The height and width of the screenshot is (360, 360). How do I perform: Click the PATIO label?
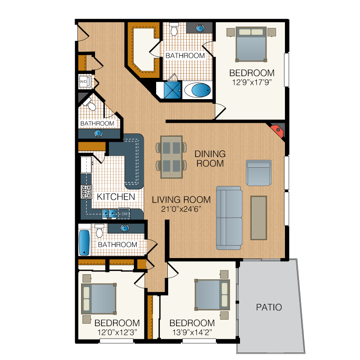pyautogui.click(x=269, y=307)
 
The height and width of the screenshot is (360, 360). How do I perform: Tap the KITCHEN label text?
pyautogui.click(x=116, y=197)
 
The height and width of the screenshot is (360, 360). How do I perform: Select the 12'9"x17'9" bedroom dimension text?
pyautogui.click(x=252, y=82)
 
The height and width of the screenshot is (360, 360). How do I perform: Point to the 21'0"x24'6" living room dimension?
pyautogui.click(x=181, y=209)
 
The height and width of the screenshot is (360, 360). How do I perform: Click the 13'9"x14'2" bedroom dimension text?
pyautogui.click(x=192, y=332)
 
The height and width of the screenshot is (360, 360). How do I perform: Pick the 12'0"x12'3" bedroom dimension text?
pyautogui.click(x=117, y=332)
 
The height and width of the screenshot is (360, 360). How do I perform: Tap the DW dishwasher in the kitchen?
pyautogui.click(x=124, y=214)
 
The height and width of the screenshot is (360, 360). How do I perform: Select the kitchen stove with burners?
pyautogui.click(x=86, y=192)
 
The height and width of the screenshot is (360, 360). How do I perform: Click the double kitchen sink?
pyautogui.click(x=109, y=214)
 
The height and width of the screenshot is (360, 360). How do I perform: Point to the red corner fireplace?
pyautogui.click(x=278, y=130)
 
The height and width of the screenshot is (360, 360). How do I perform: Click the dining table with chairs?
pyautogui.click(x=171, y=157)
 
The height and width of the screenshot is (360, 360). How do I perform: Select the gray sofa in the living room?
pyautogui.click(x=229, y=218)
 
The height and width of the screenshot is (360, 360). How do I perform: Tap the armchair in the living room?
pyautogui.click(x=259, y=173)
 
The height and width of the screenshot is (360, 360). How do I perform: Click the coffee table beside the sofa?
pyautogui.click(x=259, y=218)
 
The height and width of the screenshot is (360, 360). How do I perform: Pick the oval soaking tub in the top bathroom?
pyautogui.click(x=198, y=90)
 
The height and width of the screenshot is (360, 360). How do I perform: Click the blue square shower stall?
pyautogui.click(x=173, y=90)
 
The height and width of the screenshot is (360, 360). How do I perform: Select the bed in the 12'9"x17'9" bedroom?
pyautogui.click(x=251, y=44)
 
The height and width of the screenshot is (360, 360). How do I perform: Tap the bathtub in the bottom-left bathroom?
pyautogui.click(x=84, y=243)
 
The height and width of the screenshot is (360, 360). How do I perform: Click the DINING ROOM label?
pyautogui.click(x=210, y=158)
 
